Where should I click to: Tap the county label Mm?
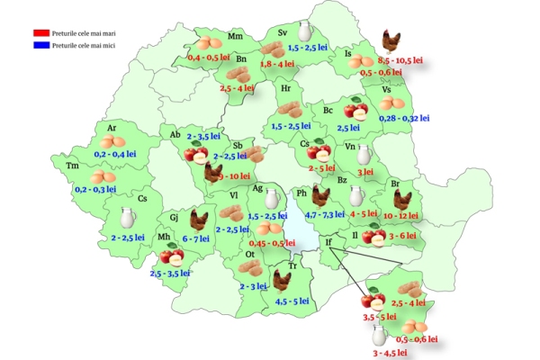pyautogui.click(x=236, y=37)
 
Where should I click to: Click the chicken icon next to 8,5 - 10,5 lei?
pyautogui.click(x=391, y=40)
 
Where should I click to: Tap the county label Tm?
pyautogui.click(x=72, y=165)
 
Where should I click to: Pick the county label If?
pyautogui.click(x=328, y=242)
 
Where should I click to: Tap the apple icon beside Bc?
pyautogui.click(x=357, y=111)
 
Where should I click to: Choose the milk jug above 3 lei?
pyautogui.click(x=364, y=154)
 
